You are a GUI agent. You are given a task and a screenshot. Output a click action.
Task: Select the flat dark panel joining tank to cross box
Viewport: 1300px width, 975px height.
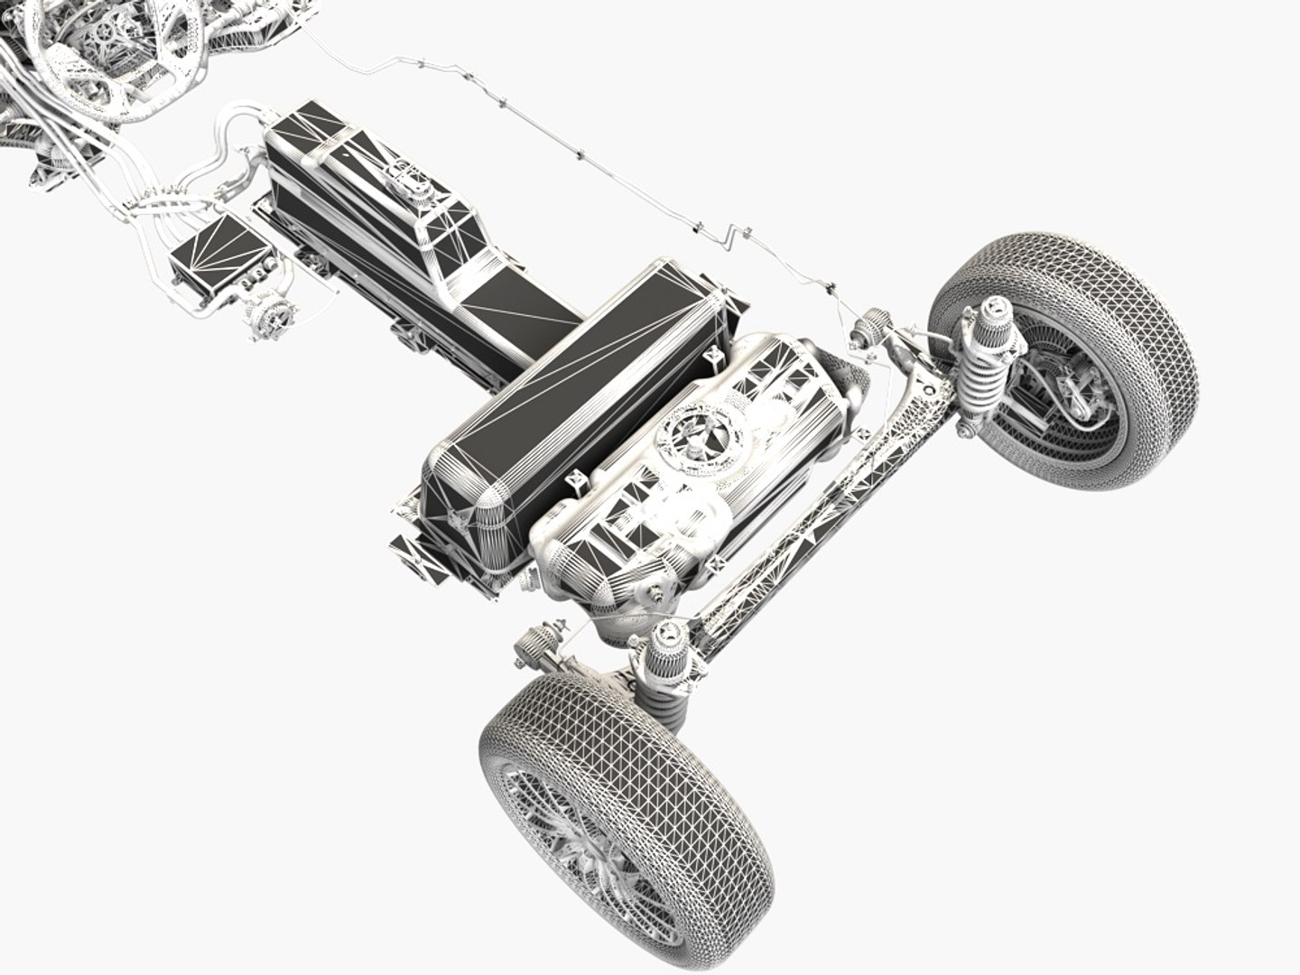click(515, 307)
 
